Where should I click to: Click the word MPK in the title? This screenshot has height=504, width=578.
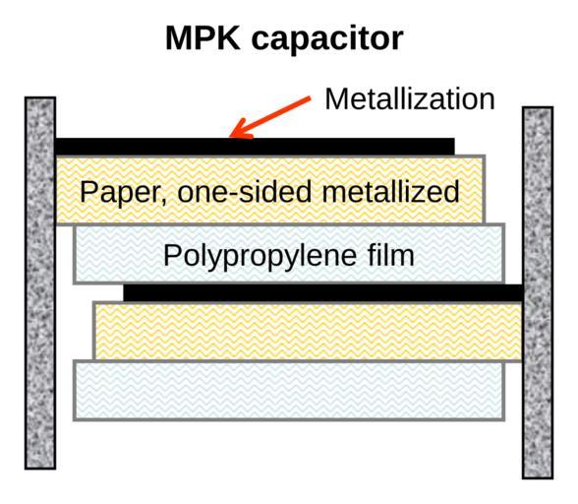[202, 37]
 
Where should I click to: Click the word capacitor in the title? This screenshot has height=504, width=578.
[327, 40]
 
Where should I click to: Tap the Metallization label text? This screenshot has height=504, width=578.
[410, 99]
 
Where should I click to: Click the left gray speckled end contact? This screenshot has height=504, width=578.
[40, 283]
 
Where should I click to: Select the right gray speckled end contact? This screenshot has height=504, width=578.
[538, 292]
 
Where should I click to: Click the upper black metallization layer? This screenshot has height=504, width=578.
[255, 147]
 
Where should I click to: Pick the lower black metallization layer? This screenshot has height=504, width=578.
[322, 292]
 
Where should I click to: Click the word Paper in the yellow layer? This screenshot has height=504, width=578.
[120, 192]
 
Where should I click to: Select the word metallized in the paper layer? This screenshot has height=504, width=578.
[391, 192]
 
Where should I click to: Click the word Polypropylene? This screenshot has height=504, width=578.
[260, 256]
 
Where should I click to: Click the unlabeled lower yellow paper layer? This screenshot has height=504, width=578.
[308, 331]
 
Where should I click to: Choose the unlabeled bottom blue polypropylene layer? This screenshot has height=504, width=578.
[289, 391]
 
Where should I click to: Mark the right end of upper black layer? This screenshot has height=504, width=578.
[454, 147]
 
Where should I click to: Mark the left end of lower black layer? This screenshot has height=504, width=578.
[124, 292]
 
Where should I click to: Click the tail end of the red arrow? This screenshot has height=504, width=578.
[310, 97]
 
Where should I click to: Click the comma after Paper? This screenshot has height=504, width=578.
[163, 200]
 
